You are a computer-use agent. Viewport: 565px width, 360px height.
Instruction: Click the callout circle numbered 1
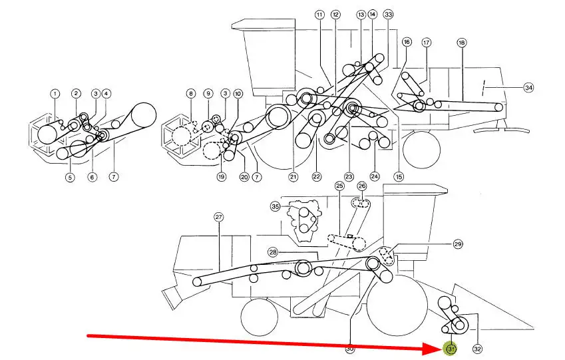pos(55,94)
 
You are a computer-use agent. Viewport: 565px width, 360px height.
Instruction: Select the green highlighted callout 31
pos(451,348)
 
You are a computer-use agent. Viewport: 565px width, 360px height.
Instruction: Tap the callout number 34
pos(528,87)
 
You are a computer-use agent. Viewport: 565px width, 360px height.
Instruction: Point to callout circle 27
pos(218,217)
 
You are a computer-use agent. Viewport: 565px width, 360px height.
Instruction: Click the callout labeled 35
pos(276,207)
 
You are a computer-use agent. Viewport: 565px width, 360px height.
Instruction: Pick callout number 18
pos(461,43)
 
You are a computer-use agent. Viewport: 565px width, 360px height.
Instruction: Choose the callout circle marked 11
pos(319,15)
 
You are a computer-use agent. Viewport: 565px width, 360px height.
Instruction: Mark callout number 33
pos(389,14)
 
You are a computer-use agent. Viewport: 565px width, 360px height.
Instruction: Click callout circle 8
pos(192,94)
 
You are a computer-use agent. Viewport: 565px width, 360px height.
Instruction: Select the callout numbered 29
pos(458,245)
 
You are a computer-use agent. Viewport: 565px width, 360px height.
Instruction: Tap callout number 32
pos(477,348)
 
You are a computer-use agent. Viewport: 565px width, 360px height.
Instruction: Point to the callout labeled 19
pos(222,177)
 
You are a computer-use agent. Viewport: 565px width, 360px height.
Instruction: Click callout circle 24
pos(375,176)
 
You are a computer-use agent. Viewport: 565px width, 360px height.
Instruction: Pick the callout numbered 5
pos(69,177)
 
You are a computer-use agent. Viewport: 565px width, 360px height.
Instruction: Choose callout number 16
pos(407,42)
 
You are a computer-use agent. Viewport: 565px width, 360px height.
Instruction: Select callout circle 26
pos(362,186)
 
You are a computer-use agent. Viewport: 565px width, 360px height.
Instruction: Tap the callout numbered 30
pos(350,348)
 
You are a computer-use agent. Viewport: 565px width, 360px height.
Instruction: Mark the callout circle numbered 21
pos(293,177)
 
